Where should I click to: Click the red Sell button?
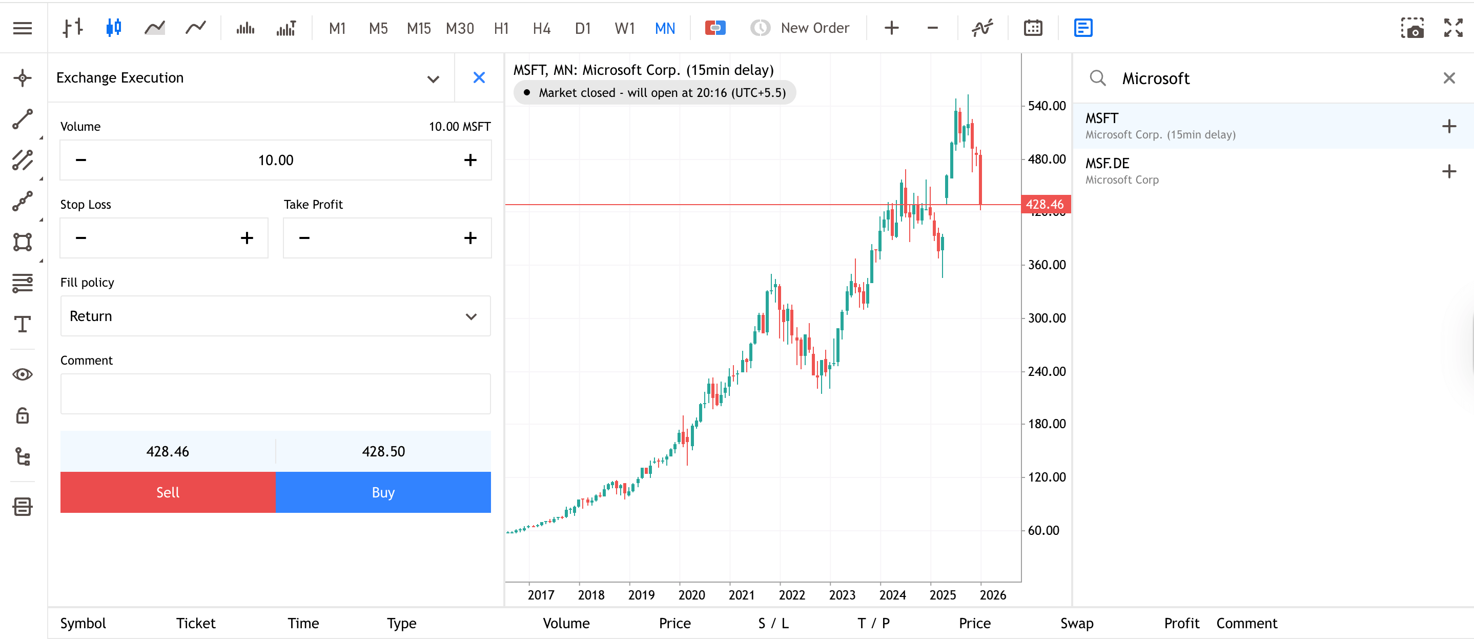click(168, 492)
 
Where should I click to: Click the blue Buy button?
click(383, 492)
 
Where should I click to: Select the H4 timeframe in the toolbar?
click(541, 28)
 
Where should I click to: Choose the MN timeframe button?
click(664, 28)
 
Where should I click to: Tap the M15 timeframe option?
click(418, 28)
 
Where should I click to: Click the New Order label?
click(814, 28)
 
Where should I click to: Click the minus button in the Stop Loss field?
click(80, 237)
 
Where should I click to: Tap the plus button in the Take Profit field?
click(470, 237)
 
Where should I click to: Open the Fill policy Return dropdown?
click(275, 316)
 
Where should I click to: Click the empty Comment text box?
click(275, 394)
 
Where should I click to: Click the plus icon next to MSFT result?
click(1448, 126)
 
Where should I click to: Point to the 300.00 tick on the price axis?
click(1046, 318)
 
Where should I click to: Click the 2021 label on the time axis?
click(741, 595)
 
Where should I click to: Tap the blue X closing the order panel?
click(479, 77)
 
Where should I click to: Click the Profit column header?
click(1181, 623)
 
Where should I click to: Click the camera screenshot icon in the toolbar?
click(1411, 28)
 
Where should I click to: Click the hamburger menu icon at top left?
click(23, 28)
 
